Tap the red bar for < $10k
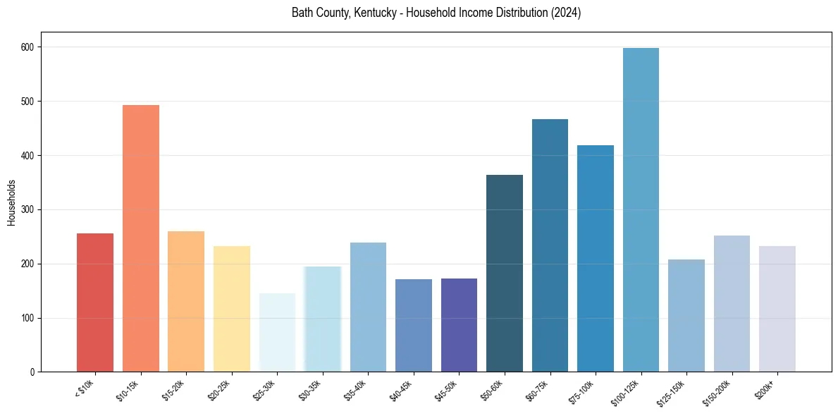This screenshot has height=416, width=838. (x=95, y=302)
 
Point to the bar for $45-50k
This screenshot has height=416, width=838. (x=459, y=325)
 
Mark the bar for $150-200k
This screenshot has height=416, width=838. (x=732, y=304)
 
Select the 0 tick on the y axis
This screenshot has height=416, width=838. (x=33, y=372)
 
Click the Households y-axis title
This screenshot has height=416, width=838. (x=12, y=202)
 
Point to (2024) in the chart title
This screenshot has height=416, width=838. (x=567, y=13)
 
